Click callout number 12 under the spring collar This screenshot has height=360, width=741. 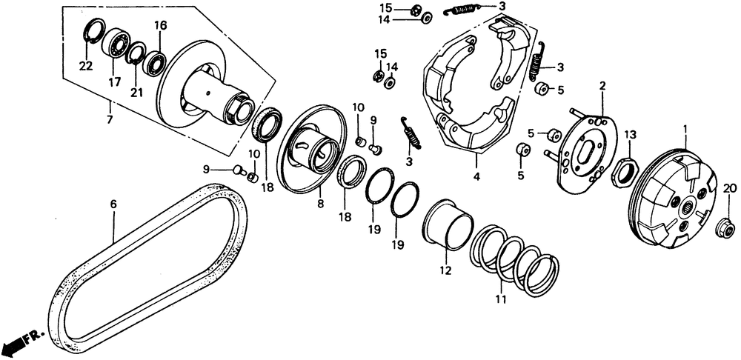445,271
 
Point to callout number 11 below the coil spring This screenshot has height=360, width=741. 502,299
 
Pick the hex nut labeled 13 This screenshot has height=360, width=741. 623,173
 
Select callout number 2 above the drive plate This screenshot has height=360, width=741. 602,87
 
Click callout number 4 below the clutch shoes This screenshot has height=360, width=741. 476,177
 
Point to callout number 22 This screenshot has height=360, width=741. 86,67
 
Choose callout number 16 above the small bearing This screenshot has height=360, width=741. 160,26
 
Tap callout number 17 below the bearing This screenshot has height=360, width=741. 115,82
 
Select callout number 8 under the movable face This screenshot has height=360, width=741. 320,202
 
